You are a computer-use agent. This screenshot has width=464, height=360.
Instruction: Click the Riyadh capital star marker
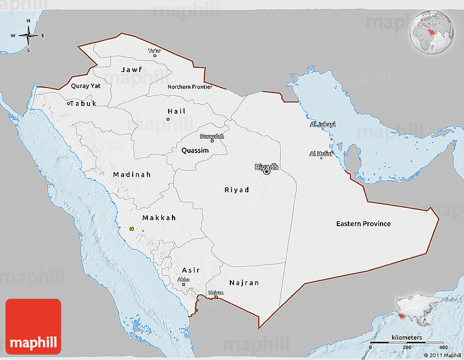pyautogui.click(x=267, y=172)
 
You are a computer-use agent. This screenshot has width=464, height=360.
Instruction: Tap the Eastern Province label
pyautogui.click(x=363, y=224)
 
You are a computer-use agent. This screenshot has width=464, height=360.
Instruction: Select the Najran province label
pyautogui.click(x=244, y=283)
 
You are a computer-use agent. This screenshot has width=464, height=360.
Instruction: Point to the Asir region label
pyautogui.click(x=191, y=270)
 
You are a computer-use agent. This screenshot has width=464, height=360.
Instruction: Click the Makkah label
pyautogui.click(x=159, y=217)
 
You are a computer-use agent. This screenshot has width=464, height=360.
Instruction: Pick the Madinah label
pyautogui.click(x=132, y=175)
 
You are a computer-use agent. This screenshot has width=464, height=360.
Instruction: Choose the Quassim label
pyautogui.click(x=195, y=150)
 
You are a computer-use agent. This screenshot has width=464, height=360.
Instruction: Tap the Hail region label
pyautogui.click(x=176, y=111)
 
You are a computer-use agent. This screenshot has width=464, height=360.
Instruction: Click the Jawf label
pyautogui.click(x=131, y=70)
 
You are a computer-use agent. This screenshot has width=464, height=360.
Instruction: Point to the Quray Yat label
pyautogui.click(x=86, y=86)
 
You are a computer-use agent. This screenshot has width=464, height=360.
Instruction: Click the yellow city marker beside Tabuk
pyautogui.click(x=69, y=103)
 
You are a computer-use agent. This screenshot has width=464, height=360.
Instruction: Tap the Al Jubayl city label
pyautogui.click(x=322, y=125)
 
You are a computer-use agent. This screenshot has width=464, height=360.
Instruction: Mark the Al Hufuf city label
pyautogui.click(x=320, y=154)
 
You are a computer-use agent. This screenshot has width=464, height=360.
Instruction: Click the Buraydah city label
pyautogui.click(x=212, y=136)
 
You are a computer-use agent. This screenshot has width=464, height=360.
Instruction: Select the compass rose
pyautogui.click(x=28, y=36)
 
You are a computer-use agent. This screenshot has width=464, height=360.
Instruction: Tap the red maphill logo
pyautogui.click(x=33, y=326)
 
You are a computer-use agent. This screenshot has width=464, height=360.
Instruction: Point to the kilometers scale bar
pyautogui.click(x=406, y=343)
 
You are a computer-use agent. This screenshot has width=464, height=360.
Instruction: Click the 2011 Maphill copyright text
pyautogui.click(x=442, y=355)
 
